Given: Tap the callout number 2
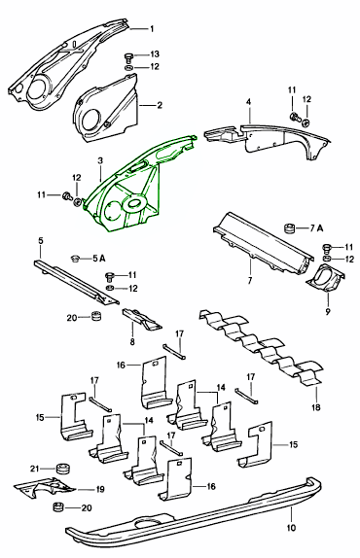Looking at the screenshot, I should pos(159,104).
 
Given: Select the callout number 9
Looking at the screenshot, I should pos(327,312).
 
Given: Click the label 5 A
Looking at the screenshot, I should pos(99,258).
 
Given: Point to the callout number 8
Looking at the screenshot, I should pos(132,342).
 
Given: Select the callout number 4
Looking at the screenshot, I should pos(248,101).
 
